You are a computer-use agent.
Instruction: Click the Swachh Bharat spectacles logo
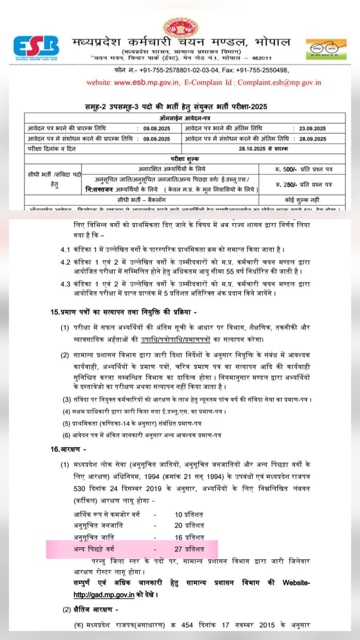point(326,49)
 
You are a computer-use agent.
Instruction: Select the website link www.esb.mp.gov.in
point(146,82)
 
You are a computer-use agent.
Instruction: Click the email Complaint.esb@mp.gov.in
point(279,82)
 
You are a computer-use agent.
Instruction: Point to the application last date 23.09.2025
point(312,128)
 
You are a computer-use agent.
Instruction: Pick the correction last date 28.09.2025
point(312,139)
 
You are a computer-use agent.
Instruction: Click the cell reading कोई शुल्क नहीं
point(302,200)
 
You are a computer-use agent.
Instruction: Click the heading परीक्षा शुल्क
point(185,159)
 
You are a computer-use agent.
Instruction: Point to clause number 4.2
point(65,262)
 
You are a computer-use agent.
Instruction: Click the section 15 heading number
point(54,312)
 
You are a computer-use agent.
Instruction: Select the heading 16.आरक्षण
point(68,449)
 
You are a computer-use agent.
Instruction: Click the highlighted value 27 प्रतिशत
point(189,549)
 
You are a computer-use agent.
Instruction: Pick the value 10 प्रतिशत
point(189,514)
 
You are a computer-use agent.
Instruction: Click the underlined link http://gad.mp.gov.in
point(104,595)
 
